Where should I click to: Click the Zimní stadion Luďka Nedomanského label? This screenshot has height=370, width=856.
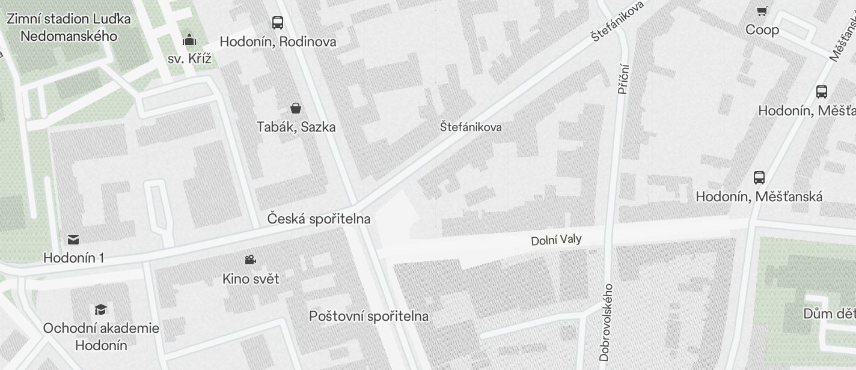[x=69, y=27]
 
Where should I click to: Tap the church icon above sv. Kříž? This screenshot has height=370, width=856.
[x=190, y=40]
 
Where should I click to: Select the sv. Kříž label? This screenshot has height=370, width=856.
[x=189, y=59]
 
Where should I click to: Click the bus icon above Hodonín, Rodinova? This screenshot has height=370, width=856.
[x=278, y=23]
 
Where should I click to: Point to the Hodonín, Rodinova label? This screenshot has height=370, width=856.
[x=278, y=42]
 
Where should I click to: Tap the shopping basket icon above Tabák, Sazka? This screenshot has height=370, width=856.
[x=296, y=108]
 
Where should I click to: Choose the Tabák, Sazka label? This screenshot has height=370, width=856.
[x=296, y=127]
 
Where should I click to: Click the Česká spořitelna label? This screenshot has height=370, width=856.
[x=319, y=219]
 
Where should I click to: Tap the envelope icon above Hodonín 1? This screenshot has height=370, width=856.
[x=73, y=240]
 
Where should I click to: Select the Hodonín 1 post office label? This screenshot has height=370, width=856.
[x=73, y=258]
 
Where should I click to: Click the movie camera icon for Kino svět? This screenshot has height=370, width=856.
[x=251, y=260]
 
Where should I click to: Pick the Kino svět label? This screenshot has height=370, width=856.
[x=251, y=279]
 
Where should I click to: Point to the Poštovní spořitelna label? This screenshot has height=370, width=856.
[x=368, y=317]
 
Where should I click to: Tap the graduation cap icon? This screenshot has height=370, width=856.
[x=101, y=309]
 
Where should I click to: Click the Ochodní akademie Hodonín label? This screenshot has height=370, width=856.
[x=101, y=337]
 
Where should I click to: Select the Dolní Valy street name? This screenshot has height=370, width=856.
[x=556, y=240]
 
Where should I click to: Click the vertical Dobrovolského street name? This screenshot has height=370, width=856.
[x=605, y=322]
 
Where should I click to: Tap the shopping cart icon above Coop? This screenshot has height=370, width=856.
[x=762, y=11]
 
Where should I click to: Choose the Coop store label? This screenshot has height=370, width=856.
[x=762, y=30]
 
